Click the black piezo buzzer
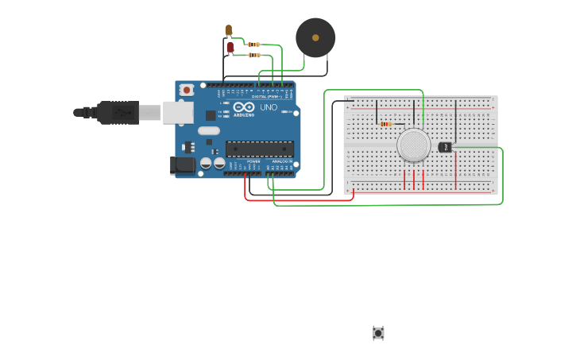point(315,37)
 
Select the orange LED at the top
point(228,30)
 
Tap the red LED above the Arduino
point(230,47)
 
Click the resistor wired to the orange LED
point(253,45)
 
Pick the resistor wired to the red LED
point(254,55)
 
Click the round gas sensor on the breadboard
point(413,145)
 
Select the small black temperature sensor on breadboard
point(445,147)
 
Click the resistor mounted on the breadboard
point(386,124)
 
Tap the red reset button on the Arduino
point(187,90)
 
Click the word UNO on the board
point(269,107)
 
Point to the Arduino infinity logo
point(244,106)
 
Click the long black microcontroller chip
point(259,149)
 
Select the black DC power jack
point(183,165)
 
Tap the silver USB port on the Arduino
point(178,113)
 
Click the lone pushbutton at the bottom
point(378,333)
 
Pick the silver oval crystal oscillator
point(208,131)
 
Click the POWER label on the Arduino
point(253,161)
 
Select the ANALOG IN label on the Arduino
point(281,161)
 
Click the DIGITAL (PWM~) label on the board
point(267,96)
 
